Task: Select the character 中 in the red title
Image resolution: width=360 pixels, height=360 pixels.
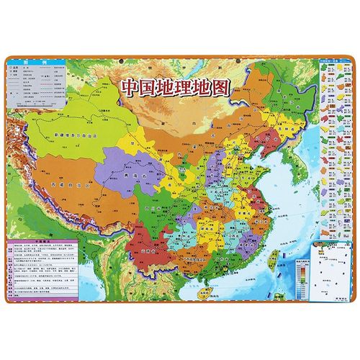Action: (129, 88)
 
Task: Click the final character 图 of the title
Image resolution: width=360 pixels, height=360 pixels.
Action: (216, 88)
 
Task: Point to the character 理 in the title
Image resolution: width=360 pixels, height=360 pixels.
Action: (173, 88)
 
